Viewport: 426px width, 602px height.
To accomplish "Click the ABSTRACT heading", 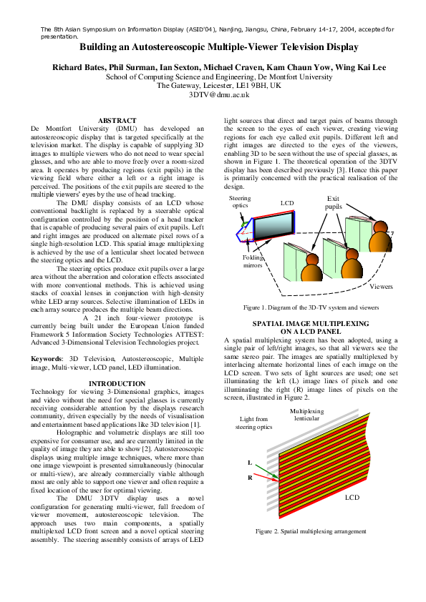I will [x=117, y=121].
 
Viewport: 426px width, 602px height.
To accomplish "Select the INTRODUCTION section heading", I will [x=117, y=384].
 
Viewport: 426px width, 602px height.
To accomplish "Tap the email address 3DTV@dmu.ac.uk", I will [x=218, y=94].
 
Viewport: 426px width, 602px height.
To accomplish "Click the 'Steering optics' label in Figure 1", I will [x=240, y=202].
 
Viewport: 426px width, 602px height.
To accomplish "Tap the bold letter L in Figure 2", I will [x=250, y=464].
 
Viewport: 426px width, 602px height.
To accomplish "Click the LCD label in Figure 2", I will [x=352, y=496].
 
